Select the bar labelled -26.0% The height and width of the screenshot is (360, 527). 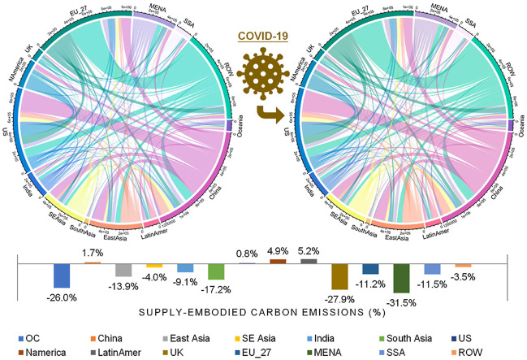click(x=62, y=275)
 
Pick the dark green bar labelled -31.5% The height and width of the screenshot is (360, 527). click(x=400, y=278)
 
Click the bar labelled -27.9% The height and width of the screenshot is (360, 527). click(x=340, y=276)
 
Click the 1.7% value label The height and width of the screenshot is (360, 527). click(x=93, y=252)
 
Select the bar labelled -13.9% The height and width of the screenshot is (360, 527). click(x=123, y=270)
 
